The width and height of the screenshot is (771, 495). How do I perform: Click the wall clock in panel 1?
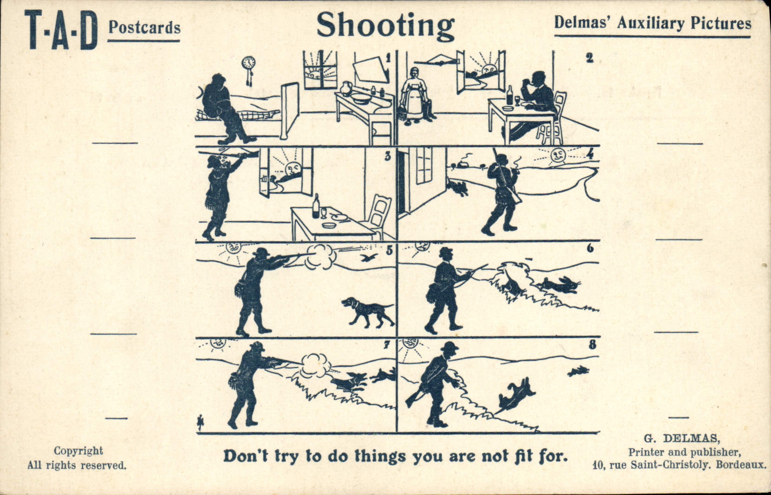pos(249,64)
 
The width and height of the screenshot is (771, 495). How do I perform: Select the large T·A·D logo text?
pos(61,30)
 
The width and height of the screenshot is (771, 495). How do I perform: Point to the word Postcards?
pos(144,27)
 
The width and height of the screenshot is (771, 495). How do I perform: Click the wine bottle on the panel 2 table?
pos(510,96)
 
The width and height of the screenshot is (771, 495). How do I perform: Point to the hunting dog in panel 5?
pos(368,311)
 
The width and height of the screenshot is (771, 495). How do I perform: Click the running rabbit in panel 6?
pos(562,284)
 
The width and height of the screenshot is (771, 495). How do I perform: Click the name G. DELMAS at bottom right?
pos(681,438)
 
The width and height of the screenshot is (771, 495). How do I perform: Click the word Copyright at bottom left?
pos(78,451)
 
